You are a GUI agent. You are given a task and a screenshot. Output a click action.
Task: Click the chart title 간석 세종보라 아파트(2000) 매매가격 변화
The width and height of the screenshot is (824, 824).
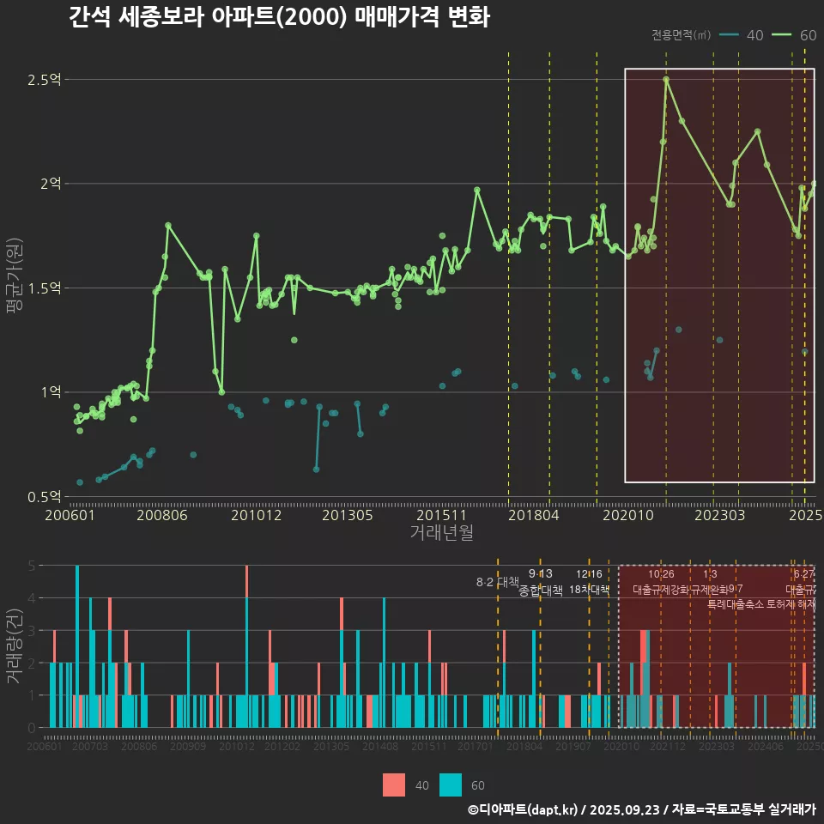279,17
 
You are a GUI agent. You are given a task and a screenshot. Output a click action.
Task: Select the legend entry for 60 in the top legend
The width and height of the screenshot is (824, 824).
794,35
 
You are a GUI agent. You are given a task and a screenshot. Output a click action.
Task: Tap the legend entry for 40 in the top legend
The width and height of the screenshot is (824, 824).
742,35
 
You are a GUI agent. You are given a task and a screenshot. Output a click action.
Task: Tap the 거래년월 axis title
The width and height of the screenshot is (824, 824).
441,533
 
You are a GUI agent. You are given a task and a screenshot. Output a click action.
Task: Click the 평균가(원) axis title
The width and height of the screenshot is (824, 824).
15,288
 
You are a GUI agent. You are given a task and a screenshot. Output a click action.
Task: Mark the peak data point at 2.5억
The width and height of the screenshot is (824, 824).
666,80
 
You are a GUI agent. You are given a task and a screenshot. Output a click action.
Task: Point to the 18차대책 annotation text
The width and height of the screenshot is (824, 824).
590,590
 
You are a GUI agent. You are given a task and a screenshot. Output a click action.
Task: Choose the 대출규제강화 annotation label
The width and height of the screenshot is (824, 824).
661,590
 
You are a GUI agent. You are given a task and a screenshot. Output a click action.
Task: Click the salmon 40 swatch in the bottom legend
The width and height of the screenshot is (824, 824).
394,785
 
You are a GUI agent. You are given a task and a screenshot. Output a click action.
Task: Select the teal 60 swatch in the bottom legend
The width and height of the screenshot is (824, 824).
451,785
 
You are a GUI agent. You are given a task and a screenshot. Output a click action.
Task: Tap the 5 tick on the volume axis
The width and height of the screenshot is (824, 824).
32,566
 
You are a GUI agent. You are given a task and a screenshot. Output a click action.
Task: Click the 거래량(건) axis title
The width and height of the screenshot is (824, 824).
15,646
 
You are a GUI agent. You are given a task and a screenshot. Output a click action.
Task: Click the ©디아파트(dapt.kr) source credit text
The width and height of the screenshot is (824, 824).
524,809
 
